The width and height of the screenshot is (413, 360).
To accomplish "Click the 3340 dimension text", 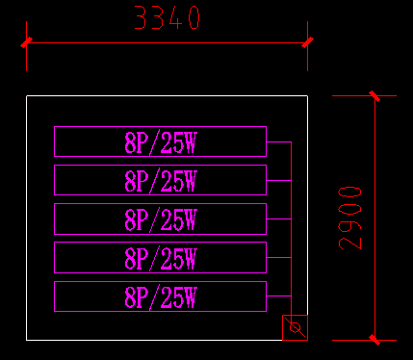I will click(x=167, y=17).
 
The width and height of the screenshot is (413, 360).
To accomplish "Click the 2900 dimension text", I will click(x=351, y=218).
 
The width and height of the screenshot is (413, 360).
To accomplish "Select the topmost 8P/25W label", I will click(x=161, y=142).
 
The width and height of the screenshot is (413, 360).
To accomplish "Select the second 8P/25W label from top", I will click(x=161, y=181).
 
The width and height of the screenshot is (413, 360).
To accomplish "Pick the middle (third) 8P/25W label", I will click(x=161, y=219).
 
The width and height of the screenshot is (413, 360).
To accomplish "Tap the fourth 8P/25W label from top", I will click(x=161, y=258).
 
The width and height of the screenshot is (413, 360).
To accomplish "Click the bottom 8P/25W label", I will click(x=161, y=296).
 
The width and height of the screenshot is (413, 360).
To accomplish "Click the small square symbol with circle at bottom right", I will click(x=296, y=327).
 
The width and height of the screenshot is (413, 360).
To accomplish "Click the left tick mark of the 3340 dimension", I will click(x=27, y=42).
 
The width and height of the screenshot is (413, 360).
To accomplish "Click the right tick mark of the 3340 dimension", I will click(x=307, y=42).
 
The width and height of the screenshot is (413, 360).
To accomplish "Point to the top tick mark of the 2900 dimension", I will click(x=374, y=95).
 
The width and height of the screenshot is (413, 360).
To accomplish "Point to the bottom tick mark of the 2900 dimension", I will click(x=374, y=339).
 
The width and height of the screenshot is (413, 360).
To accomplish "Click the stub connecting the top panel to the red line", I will click(x=278, y=142).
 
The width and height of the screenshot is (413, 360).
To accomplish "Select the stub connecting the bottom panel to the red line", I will click(x=278, y=296).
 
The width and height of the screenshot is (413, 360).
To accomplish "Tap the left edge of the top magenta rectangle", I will click(x=54, y=141).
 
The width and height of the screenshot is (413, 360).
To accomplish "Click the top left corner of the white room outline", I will click(x=27, y=96).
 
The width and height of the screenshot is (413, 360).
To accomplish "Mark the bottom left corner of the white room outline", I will click(x=27, y=339).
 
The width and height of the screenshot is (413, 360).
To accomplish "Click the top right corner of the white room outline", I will click(x=307, y=96).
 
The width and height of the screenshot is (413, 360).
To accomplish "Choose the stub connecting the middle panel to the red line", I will click(x=278, y=219).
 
